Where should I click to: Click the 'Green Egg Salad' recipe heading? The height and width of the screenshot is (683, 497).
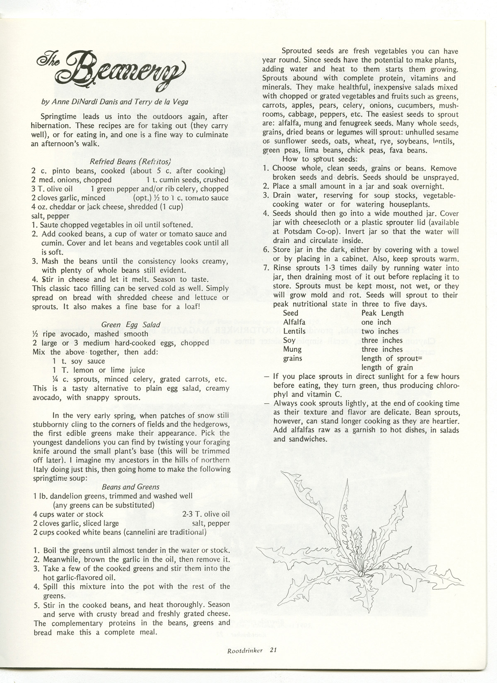130,325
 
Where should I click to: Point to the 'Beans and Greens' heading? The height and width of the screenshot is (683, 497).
130,487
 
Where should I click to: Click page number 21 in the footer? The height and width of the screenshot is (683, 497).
273,650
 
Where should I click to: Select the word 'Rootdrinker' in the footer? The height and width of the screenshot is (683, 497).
245,650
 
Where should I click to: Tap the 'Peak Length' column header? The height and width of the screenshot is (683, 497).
382,313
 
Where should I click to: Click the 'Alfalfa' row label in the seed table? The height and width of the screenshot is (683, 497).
294,322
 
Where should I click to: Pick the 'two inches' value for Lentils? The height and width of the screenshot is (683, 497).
380,331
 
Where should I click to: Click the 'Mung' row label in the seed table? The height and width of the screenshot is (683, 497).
292,349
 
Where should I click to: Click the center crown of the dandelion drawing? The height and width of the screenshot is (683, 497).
362,574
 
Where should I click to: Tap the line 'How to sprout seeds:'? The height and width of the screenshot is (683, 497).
317,159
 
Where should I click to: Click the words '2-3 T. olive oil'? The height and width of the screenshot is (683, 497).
206,514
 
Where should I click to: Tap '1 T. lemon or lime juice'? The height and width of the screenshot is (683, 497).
99,370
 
